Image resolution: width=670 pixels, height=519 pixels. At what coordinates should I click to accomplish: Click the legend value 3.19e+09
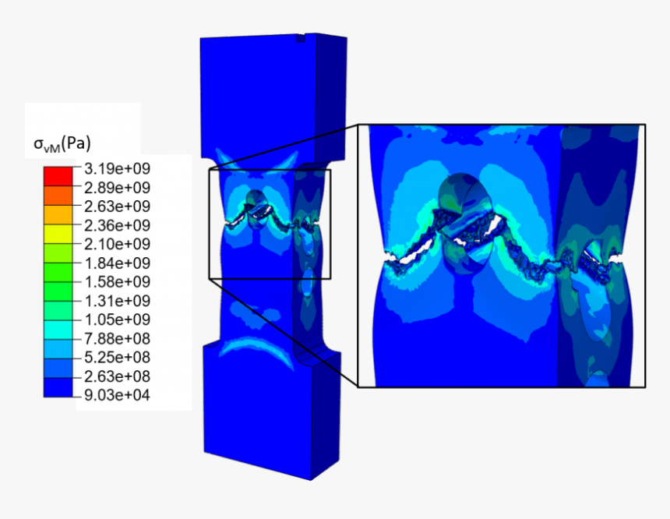coord(117,169)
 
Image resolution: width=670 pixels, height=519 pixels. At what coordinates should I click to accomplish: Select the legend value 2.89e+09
coord(117,188)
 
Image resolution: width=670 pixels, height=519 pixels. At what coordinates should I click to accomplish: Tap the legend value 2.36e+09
coord(117,225)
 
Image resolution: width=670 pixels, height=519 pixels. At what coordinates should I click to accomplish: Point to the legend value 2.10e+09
coord(117,244)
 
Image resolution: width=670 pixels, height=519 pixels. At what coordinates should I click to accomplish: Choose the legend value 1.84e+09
coord(117,263)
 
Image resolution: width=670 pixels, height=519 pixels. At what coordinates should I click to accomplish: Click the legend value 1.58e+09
coord(117,282)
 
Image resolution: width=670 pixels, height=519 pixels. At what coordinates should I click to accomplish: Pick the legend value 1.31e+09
coord(117,301)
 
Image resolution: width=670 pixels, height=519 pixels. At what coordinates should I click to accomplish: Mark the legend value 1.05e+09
coord(117,320)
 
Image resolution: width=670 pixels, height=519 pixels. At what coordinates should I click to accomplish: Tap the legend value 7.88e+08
coord(117,338)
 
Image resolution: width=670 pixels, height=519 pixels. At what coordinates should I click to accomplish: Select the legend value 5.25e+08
coord(117,358)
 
